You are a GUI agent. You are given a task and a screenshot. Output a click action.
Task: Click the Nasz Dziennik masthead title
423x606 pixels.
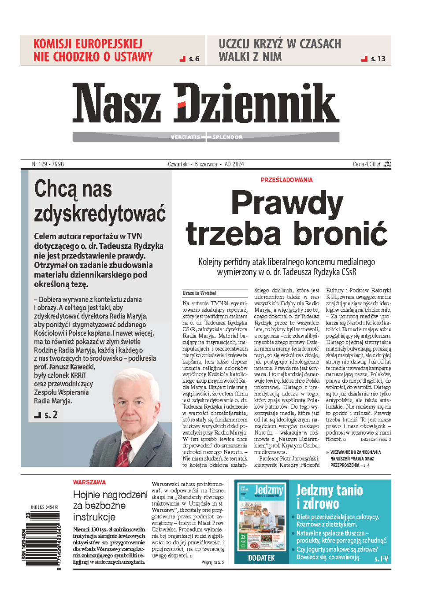coord(206,103)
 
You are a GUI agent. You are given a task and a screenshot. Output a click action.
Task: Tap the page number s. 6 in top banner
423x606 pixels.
coord(194,59)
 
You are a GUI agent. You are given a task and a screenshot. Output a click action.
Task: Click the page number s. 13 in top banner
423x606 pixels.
coord(378,59)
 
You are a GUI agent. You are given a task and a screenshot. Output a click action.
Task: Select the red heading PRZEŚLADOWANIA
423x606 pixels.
coord(286,180)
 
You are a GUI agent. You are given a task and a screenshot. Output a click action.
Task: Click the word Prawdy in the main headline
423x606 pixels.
coord(287,203)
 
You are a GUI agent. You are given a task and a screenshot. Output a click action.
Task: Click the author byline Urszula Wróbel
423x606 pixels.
coord(199,293)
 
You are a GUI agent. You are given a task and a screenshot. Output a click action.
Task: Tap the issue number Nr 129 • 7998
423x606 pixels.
coord(48,164)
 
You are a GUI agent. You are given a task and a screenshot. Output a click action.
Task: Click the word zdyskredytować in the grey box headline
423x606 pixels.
coord(100,214)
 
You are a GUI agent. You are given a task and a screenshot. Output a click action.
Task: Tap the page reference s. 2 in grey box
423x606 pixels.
coord(51,414)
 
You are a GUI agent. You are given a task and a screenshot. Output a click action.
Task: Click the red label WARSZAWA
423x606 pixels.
coord(89,482)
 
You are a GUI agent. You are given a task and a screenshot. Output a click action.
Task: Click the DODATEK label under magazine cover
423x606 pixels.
coord(261,558)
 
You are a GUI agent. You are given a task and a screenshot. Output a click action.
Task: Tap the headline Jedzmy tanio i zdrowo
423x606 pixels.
coord(329,496)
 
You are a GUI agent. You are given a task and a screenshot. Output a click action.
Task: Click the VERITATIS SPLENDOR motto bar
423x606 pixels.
coord(206,137)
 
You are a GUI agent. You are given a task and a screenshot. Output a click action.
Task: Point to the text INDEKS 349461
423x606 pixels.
coord(45,507)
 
